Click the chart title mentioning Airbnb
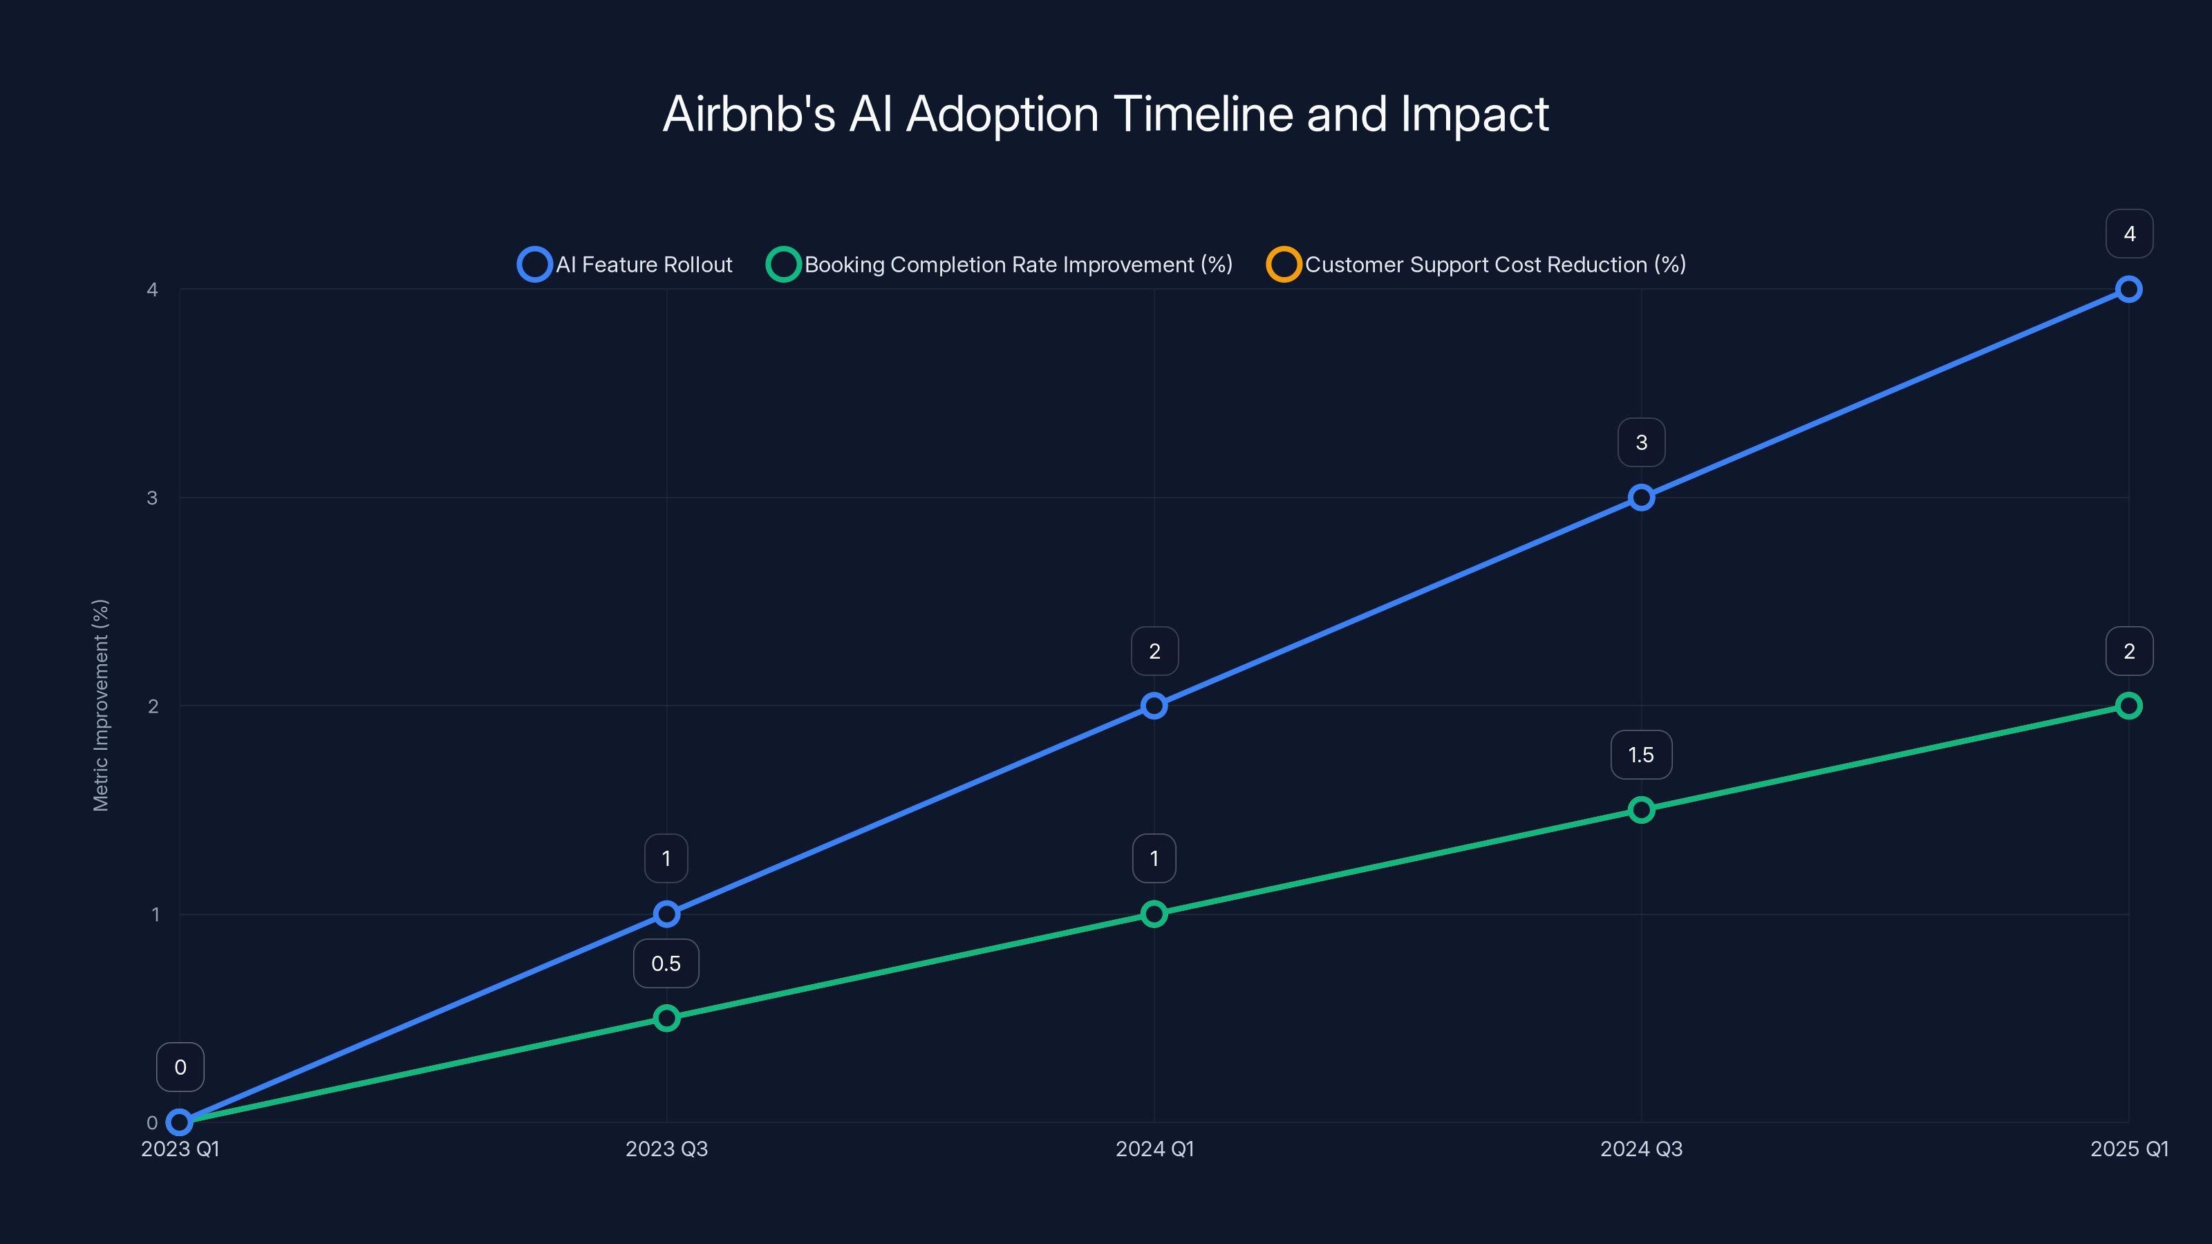click(1105, 114)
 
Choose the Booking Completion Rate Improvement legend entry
click(1000, 265)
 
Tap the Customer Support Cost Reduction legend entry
click(1476, 265)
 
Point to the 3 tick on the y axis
click(152, 498)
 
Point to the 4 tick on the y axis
click(152, 290)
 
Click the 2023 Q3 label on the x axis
click(666, 1149)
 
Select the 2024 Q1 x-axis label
click(1154, 1149)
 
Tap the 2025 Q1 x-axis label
click(2129, 1149)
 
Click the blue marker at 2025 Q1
click(2129, 290)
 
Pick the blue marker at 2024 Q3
click(1641, 498)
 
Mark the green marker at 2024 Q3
click(1641, 809)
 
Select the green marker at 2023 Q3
click(666, 1018)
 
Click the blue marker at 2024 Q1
click(1154, 706)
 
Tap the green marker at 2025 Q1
click(2129, 706)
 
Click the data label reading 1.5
click(1641, 755)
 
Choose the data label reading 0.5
click(666, 963)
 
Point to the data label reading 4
click(2129, 234)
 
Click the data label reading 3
click(1641, 442)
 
